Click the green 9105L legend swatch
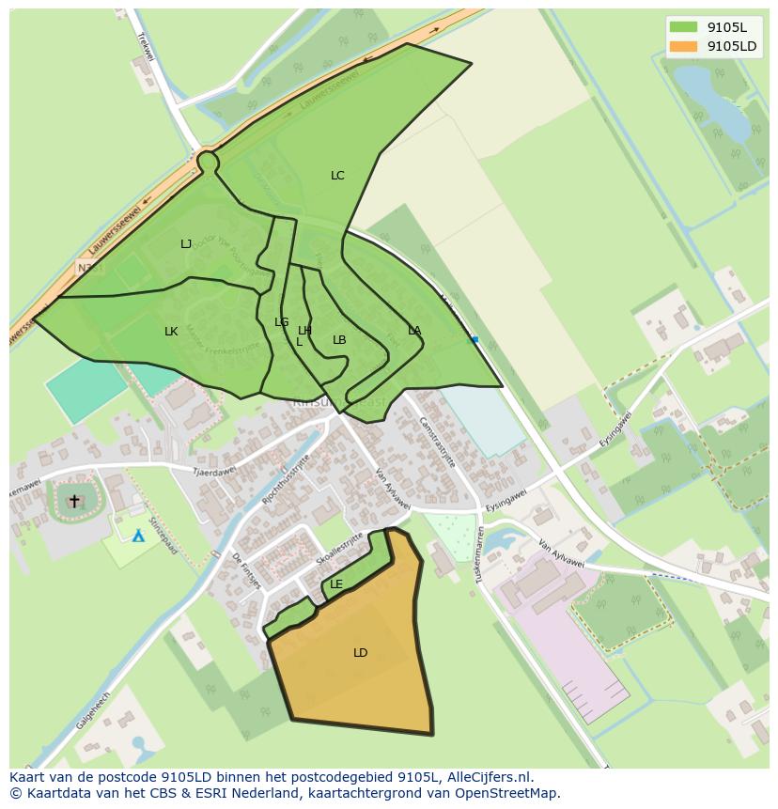(x=683, y=27)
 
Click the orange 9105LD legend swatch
(x=683, y=46)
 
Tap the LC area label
(x=337, y=176)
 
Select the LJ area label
(x=186, y=244)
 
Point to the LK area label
(x=171, y=332)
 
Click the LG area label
(x=281, y=322)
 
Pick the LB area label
(x=339, y=340)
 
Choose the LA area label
(x=414, y=331)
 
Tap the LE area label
(x=336, y=584)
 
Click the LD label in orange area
(x=360, y=653)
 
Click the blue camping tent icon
(x=138, y=536)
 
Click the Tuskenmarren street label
(x=480, y=555)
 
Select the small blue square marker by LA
(x=475, y=339)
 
